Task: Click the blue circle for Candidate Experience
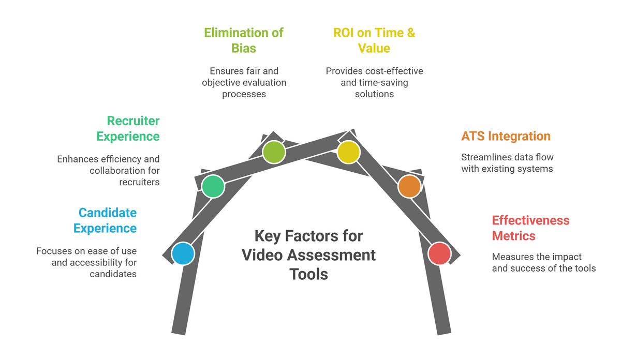pyautogui.click(x=182, y=254)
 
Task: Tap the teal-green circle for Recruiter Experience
pyautogui.click(x=213, y=186)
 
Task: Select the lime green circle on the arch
pyautogui.click(x=274, y=152)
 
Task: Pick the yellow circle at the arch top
pyautogui.click(x=348, y=152)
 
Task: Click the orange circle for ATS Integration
pyautogui.click(x=409, y=186)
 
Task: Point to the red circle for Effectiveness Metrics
pyautogui.click(x=440, y=254)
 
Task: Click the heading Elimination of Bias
pyautogui.click(x=244, y=40)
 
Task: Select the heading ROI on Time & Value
pyautogui.click(x=374, y=40)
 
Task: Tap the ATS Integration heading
pyautogui.click(x=506, y=136)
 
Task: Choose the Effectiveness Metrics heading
pyautogui.click(x=530, y=228)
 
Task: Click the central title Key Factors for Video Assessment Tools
pyautogui.click(x=309, y=254)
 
